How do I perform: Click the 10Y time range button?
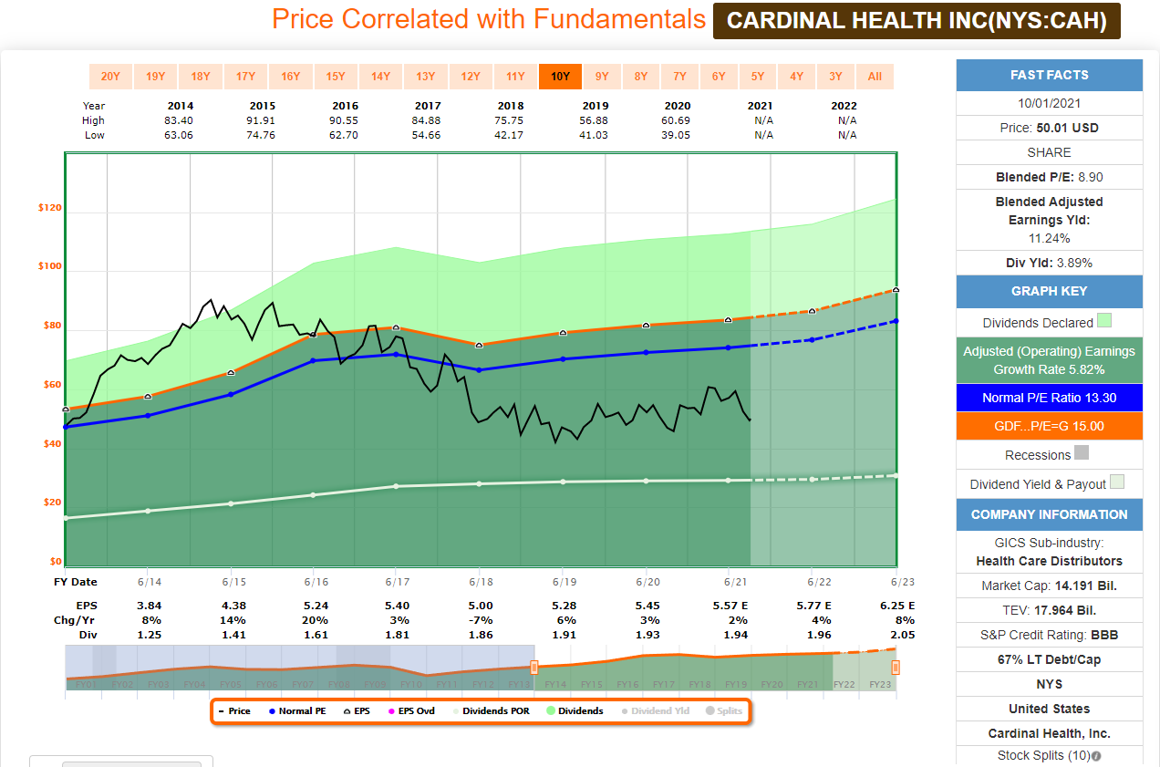point(560,77)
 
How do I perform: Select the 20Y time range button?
point(110,77)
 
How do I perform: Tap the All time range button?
point(875,77)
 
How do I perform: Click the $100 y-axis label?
point(49,267)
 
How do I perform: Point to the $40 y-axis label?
point(49,444)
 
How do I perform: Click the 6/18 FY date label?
point(481,582)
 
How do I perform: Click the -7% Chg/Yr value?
point(481,620)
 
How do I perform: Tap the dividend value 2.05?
point(902,635)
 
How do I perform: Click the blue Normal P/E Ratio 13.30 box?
point(1049,398)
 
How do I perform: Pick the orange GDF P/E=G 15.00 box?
point(1049,426)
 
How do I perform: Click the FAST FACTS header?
point(1049,75)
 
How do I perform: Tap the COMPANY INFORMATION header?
point(1049,514)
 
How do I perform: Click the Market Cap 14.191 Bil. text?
point(1049,586)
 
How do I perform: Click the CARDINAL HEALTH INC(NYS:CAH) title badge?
point(917,21)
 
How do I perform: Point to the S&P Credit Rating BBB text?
point(1049,635)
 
